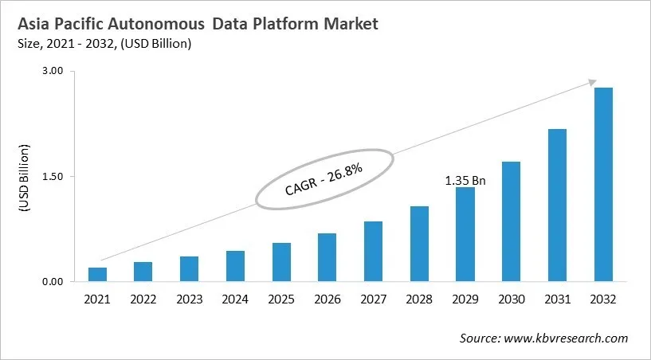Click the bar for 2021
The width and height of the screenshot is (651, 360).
(x=97, y=275)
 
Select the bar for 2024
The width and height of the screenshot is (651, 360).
(x=235, y=266)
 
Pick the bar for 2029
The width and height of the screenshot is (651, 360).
(x=465, y=234)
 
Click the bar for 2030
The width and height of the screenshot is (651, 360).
(x=511, y=221)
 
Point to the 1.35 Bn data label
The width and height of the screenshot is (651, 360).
(x=465, y=181)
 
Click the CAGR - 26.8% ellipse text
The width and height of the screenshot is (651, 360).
(x=324, y=180)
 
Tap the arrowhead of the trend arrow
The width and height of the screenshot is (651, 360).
(x=593, y=81)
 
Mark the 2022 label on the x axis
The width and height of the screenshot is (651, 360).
(x=143, y=299)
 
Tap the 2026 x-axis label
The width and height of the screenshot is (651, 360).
(x=327, y=299)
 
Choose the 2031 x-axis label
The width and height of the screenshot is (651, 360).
(x=557, y=299)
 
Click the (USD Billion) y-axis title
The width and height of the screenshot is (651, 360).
(x=23, y=178)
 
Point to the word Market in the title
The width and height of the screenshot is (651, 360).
(x=350, y=25)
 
